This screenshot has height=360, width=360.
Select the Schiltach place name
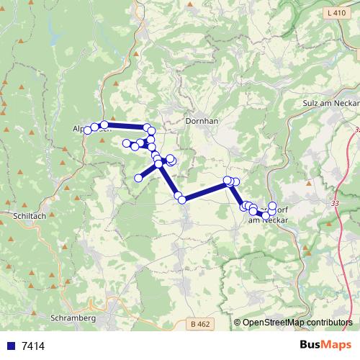[30, 215]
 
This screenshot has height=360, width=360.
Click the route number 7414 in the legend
[33, 346]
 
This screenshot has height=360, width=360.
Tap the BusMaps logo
[325, 345]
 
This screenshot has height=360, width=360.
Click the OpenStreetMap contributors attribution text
[297, 323]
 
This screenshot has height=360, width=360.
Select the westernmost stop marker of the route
[88, 130]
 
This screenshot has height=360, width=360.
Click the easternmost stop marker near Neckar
[272, 205]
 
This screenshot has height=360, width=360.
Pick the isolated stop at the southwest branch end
[138, 178]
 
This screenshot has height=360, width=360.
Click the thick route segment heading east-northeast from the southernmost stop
[205, 190]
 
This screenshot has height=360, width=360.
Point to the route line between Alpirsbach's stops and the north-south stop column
[126, 127]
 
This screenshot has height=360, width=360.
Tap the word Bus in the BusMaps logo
[311, 345]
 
